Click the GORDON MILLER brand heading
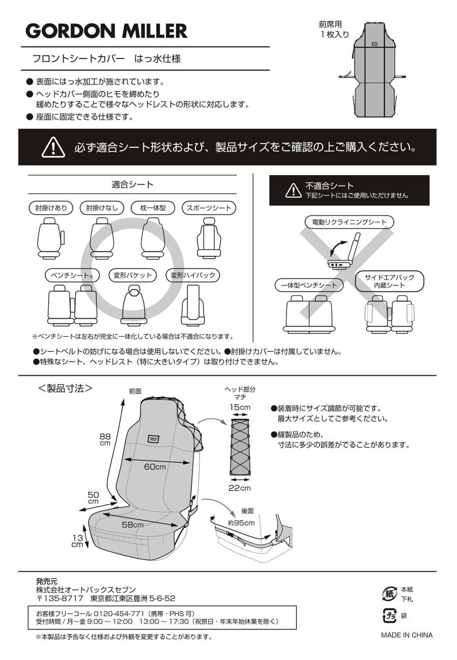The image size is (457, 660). [107, 31]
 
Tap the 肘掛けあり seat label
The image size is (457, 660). [51, 208]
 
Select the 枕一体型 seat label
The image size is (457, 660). [153, 208]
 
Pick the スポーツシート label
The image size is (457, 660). [209, 208]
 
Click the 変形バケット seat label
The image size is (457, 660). [133, 276]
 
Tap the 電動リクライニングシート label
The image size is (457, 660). [349, 222]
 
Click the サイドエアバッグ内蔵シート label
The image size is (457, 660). [389, 281]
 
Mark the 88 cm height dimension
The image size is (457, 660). [105, 439]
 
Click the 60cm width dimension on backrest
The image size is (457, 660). [154, 467]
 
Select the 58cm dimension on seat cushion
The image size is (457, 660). [132, 524]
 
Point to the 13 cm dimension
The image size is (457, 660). [77, 541]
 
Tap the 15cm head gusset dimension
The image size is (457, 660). [239, 408]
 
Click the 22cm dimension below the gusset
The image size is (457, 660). [239, 488]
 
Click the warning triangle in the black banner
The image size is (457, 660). [52, 147]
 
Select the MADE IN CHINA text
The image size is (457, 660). [407, 635]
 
